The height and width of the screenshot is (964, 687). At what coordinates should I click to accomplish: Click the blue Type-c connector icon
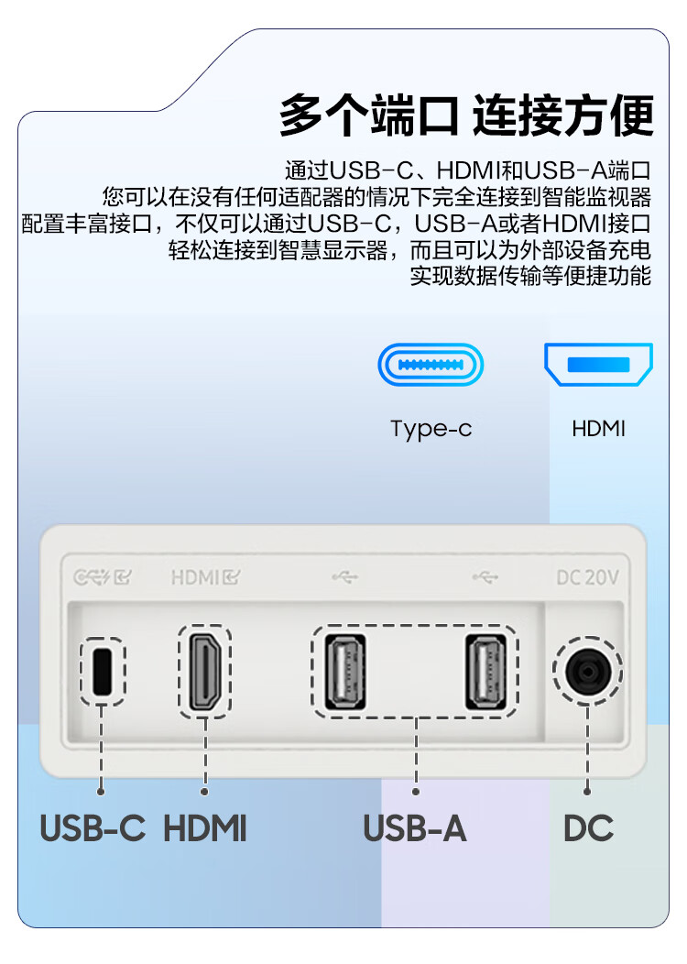431,365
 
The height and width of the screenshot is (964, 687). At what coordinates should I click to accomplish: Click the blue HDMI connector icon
598,364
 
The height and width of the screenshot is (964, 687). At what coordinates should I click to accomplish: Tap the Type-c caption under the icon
431,429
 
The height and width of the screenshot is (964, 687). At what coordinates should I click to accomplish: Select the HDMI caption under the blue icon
598,429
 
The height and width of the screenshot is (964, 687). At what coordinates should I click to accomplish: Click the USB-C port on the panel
102,671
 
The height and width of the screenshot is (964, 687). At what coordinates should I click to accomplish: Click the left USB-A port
345,672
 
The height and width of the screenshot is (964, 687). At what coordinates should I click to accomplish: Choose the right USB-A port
485,672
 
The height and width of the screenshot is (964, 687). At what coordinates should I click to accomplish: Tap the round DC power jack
587,671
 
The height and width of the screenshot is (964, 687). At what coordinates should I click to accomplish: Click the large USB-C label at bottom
93,828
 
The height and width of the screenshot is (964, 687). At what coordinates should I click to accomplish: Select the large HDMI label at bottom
204,828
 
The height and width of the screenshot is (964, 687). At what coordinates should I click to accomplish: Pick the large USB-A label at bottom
415,828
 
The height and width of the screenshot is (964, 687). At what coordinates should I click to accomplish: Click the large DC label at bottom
588,828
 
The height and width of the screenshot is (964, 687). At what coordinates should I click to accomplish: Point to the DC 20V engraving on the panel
587,577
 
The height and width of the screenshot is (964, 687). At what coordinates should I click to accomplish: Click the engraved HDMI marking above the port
205,577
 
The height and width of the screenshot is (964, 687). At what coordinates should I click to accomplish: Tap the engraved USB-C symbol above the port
102,577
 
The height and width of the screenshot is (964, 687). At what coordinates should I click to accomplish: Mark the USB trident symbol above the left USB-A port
344,577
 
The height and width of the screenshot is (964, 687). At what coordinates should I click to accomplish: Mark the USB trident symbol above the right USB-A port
485,577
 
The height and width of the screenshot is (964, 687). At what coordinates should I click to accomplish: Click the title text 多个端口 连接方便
466,115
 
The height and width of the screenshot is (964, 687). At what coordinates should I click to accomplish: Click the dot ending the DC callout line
587,791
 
